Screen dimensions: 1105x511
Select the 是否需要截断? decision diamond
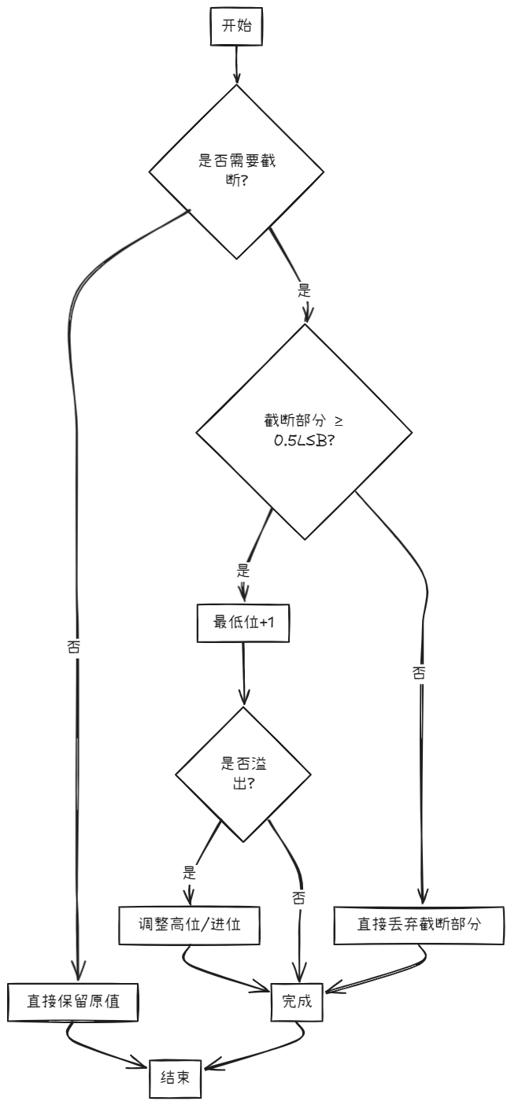pyautogui.click(x=236, y=170)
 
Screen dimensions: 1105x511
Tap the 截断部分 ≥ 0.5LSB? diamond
pyautogui.click(x=304, y=431)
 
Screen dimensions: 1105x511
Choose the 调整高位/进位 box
pyautogui.click(x=190, y=926)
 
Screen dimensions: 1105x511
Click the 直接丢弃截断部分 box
pyautogui.click(x=419, y=926)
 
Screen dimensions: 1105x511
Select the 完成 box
pyautogui.click(x=297, y=1002)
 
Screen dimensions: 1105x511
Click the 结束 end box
pyautogui.click(x=176, y=1077)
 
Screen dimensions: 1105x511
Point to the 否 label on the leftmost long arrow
pyautogui.click(x=74, y=647)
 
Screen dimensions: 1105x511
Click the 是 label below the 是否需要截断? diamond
pyautogui.click(x=305, y=289)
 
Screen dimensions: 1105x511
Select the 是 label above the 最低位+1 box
pyautogui.click(x=243, y=567)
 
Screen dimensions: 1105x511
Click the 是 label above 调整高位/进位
pyautogui.click(x=189, y=872)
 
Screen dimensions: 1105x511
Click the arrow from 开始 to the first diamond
pyautogui.click(x=236, y=65)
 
